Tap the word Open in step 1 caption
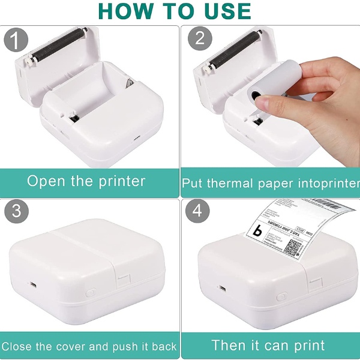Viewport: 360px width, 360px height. coord(47,181)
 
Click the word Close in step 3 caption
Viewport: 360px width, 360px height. coord(18,346)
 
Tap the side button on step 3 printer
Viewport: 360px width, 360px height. coord(91,293)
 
